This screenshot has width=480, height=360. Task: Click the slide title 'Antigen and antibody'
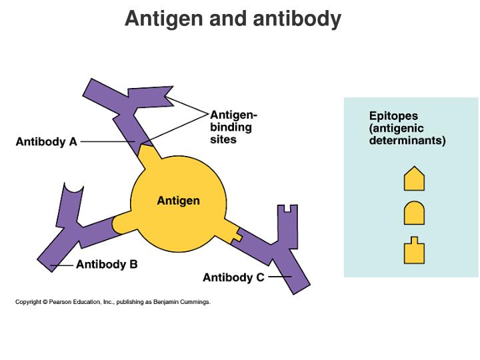point(233,19)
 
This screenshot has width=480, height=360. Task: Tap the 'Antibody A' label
point(46,141)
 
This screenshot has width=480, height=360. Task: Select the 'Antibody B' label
point(107,264)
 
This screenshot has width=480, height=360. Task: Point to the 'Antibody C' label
point(233,277)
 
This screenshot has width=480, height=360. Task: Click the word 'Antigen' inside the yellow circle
point(178,201)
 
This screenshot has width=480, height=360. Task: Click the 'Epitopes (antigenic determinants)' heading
point(407,128)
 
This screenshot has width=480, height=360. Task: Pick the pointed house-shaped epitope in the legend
point(414,179)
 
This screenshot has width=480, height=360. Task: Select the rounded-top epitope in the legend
point(414,213)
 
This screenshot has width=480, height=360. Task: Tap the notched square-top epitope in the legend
point(414,251)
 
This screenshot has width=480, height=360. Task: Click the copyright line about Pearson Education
point(113,302)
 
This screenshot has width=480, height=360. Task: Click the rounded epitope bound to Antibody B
point(122,223)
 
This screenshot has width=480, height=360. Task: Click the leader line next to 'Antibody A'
point(107,141)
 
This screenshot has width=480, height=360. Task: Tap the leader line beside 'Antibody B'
point(63,265)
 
